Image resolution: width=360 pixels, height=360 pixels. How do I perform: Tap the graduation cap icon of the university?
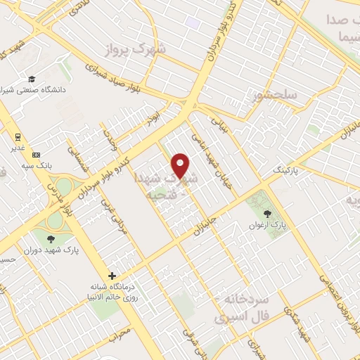point(32,79)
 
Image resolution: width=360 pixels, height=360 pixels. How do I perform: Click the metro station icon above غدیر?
point(15,138)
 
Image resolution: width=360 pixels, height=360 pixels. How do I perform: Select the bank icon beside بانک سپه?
point(36,155)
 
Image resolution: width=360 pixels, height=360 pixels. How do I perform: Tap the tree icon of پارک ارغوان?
point(266,214)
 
